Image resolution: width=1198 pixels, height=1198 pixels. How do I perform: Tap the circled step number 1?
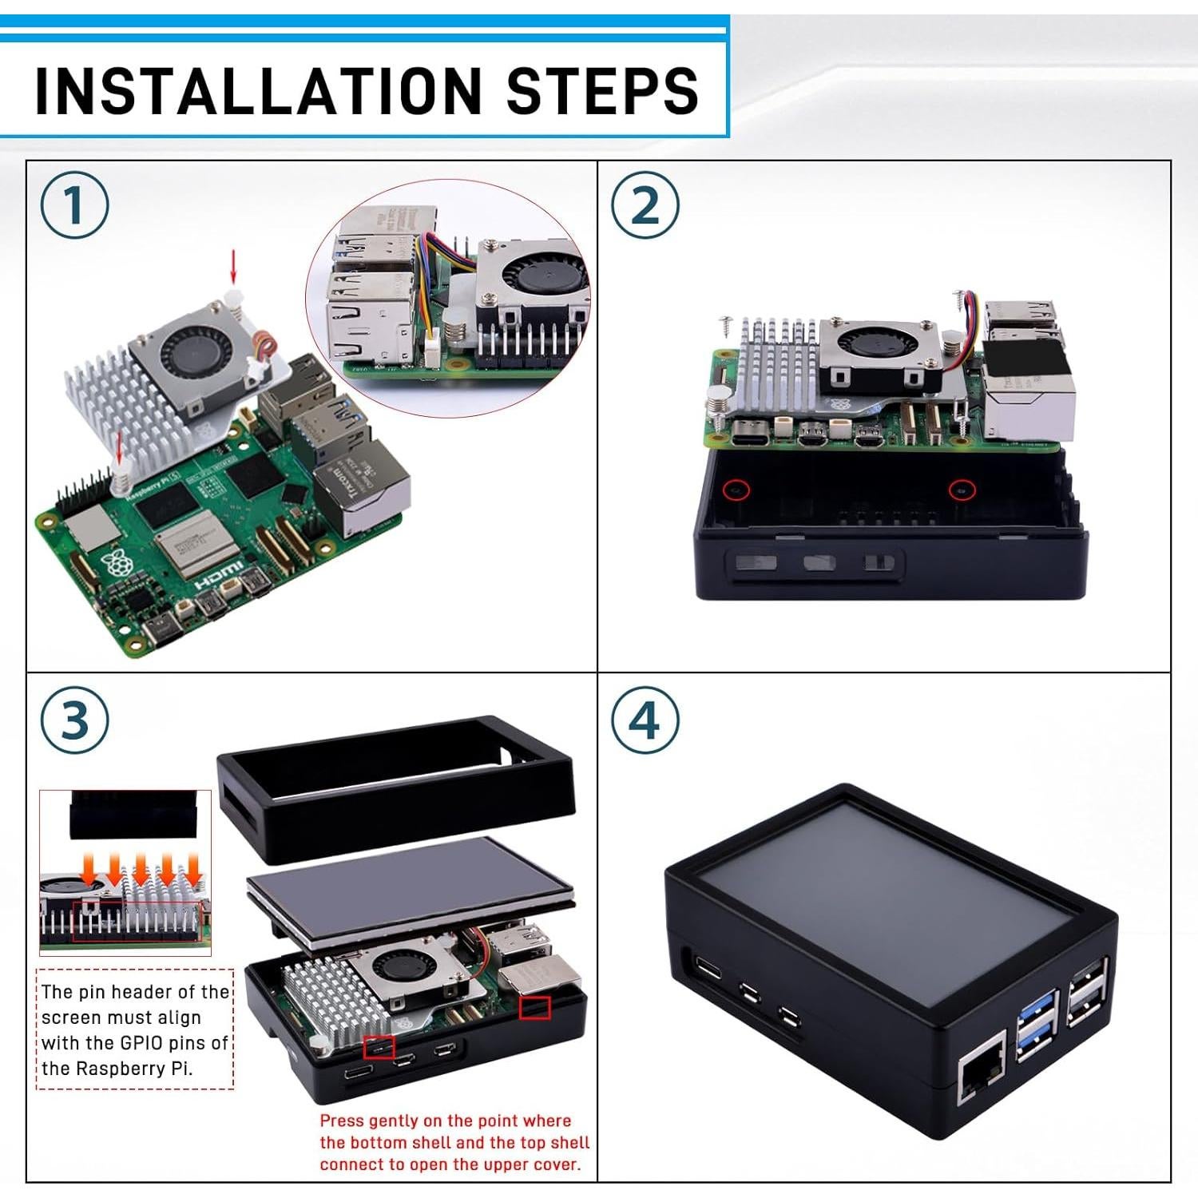pyautogui.click(x=74, y=205)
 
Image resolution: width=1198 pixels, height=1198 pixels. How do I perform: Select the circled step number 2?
pyautogui.click(x=645, y=205)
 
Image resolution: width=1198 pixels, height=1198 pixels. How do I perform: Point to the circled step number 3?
pyautogui.click(x=74, y=720)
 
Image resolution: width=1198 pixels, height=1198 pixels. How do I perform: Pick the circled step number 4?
pyautogui.click(x=645, y=720)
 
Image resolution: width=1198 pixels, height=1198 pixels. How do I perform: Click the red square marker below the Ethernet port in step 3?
pyautogui.click(x=534, y=1007)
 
